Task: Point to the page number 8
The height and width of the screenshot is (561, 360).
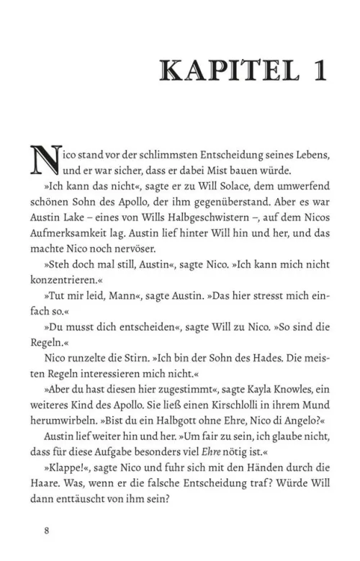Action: point(46,532)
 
